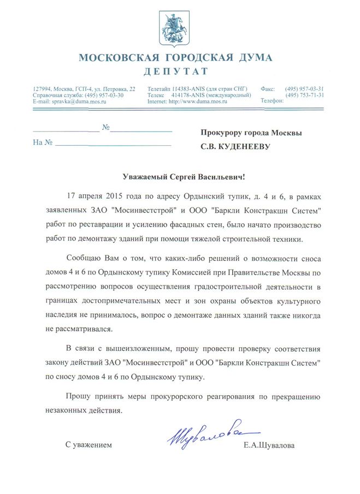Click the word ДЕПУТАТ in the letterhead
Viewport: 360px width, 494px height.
point(176,72)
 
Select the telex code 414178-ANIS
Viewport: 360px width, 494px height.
point(189,95)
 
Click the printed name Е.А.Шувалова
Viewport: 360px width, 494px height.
point(269,446)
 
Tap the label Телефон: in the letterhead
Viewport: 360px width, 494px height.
point(272,102)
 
